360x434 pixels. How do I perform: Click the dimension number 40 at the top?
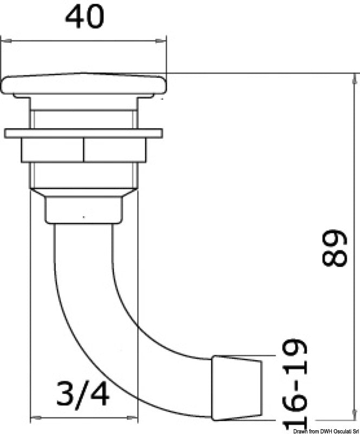pos(85,17)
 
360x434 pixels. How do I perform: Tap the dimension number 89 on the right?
pos(335,247)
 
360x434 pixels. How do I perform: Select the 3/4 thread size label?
pos(83,393)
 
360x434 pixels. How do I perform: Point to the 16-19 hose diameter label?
pos(295,385)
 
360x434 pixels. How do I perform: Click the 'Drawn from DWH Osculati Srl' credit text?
pos(326,431)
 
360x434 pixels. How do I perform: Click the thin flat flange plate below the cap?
pos(83,133)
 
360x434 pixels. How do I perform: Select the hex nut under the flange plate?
pos(83,150)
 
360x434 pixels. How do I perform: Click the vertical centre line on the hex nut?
pos(83,150)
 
